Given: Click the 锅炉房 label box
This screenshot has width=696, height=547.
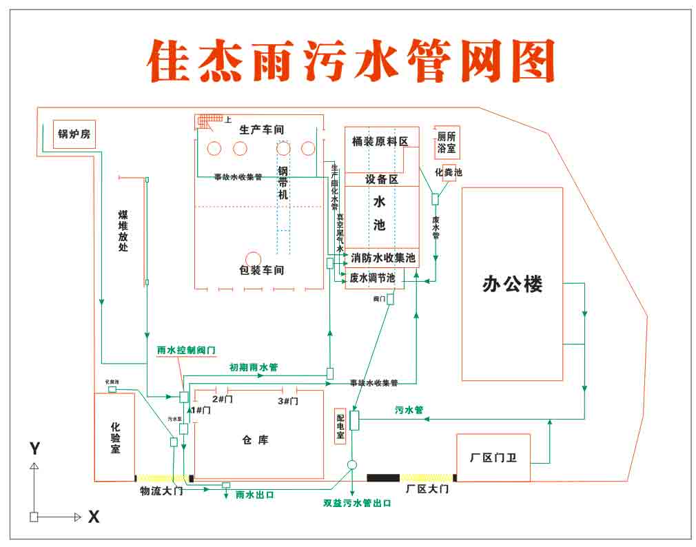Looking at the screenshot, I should [74, 134].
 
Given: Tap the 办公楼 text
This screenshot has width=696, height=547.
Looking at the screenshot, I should [512, 284].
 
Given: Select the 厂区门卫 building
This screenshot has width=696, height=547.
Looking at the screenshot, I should [493, 458].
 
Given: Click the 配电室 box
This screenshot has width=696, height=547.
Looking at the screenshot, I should [340, 429].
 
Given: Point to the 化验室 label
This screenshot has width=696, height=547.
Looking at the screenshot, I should [115, 438].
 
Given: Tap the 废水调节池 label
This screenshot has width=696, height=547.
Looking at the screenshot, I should [373, 278].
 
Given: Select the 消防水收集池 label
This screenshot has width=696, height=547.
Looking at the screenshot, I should [383, 258].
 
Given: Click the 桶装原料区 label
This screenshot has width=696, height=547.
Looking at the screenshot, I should [380, 141].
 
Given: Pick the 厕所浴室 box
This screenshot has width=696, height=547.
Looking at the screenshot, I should [447, 143].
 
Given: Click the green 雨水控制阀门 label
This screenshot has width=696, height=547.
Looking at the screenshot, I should [186, 350].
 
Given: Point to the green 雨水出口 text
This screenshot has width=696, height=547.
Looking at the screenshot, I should [255, 495].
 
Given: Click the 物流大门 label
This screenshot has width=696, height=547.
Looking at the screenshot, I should [161, 491].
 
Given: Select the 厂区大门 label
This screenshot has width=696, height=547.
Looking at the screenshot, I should [427, 489].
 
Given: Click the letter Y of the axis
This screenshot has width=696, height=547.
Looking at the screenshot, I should [34, 449].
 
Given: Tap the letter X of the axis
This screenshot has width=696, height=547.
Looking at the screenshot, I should [93, 517].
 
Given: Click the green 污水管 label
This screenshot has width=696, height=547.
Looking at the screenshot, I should [409, 410].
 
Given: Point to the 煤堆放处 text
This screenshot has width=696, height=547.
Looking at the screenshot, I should [123, 231].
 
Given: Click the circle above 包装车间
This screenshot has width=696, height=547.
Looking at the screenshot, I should [253, 258].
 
